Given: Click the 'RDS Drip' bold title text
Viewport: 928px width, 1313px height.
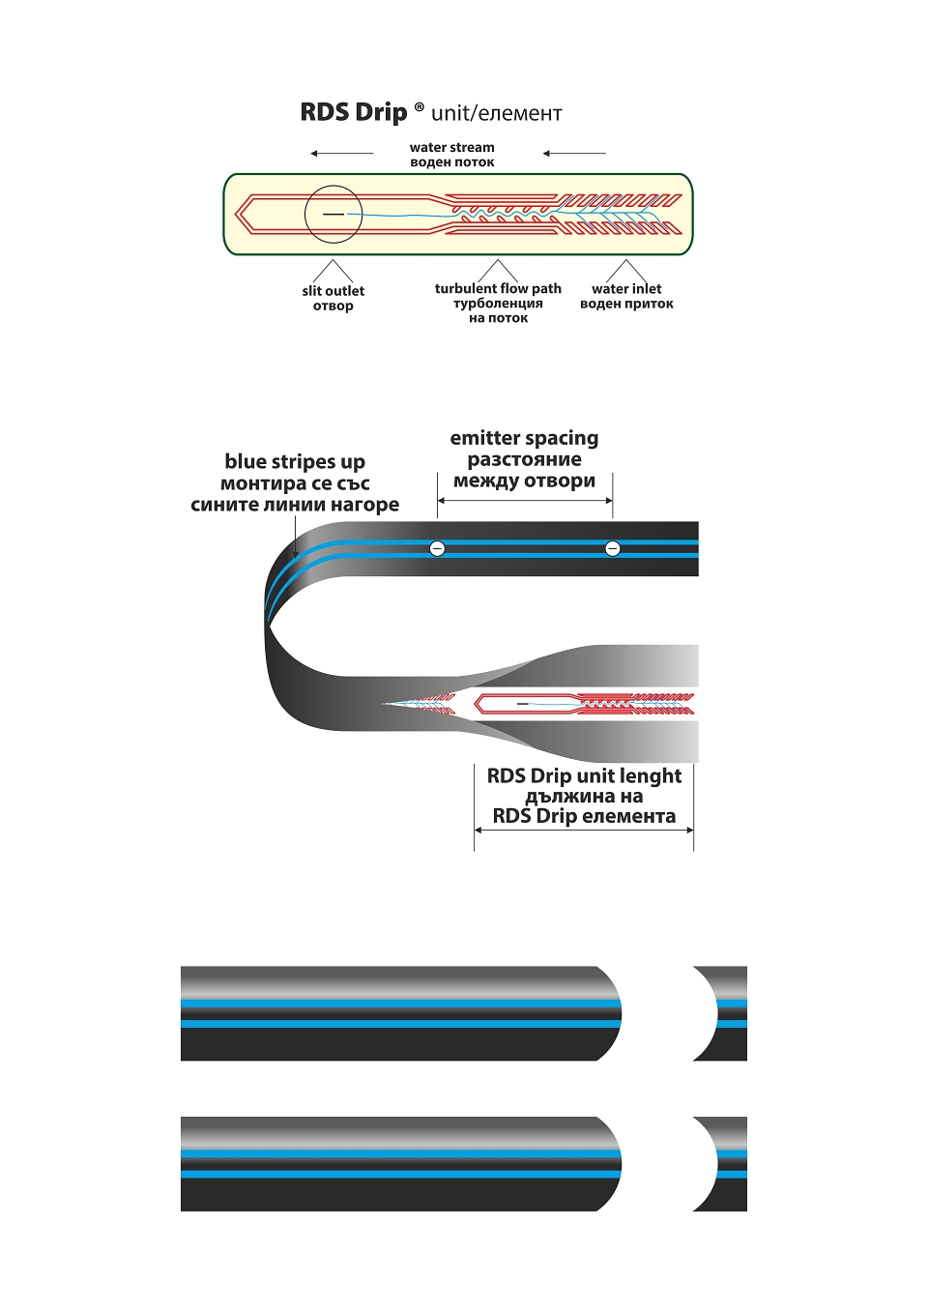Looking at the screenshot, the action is point(353,112).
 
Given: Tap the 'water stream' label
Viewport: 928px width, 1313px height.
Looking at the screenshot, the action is point(451,147).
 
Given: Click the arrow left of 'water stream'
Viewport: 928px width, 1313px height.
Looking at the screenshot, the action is point(341,154).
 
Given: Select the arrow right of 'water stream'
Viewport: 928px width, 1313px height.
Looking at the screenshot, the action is point(574,154).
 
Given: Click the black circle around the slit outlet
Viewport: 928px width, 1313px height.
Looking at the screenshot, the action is point(333,186).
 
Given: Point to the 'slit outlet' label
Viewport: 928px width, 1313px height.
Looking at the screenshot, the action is point(333,291).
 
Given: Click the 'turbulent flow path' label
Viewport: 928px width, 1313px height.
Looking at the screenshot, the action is point(498,288).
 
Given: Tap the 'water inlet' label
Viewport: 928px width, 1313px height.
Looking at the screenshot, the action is point(626,288).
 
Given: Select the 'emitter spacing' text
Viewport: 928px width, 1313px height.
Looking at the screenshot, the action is point(524,438).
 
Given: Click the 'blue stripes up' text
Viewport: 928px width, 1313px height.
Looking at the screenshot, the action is point(295,462).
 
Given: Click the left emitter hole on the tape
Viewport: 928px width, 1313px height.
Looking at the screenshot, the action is point(437,548).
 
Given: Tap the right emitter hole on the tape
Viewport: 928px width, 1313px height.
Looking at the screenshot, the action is point(612,548).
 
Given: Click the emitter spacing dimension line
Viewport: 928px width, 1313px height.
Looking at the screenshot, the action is point(525,501).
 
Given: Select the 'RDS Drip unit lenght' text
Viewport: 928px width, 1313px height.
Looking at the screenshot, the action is point(584,776).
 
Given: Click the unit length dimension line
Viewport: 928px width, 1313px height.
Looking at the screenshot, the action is point(584,830).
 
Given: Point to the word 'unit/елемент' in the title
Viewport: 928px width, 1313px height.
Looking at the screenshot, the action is point(496,113).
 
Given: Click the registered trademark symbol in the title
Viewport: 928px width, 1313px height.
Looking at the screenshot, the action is point(419,106).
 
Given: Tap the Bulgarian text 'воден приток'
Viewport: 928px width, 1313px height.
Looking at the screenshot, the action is point(626,304).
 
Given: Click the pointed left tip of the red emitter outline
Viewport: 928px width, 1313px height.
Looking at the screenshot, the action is point(236,214).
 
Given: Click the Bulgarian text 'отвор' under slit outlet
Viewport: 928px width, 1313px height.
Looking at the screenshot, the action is point(333,306).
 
